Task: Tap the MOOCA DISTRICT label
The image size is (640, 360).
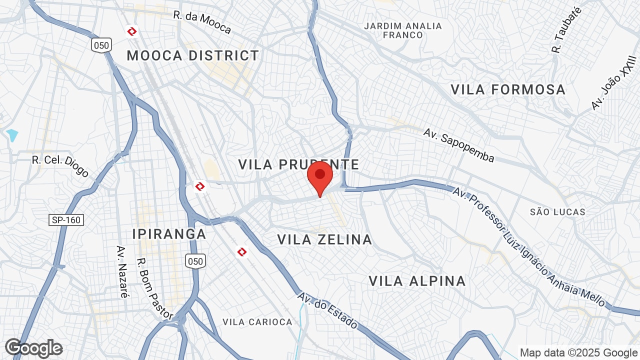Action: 193,55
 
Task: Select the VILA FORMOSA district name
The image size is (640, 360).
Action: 508,89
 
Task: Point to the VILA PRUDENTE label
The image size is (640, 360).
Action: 298,164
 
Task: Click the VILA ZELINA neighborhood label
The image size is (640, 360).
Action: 324,240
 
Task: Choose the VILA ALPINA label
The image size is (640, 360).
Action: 417,281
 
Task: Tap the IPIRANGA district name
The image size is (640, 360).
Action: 169,234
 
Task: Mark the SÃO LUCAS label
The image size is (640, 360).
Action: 557,212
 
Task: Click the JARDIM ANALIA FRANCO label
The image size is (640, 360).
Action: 403,30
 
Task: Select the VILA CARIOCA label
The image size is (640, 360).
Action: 257,322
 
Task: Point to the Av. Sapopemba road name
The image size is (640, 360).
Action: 458,145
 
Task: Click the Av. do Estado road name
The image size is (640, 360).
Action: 327,310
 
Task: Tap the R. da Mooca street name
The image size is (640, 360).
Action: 202,22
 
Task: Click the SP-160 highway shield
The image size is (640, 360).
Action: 66,219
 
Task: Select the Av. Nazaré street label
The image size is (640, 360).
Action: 121,271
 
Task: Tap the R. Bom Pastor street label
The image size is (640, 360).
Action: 155,288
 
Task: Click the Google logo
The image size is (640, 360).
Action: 34,348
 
